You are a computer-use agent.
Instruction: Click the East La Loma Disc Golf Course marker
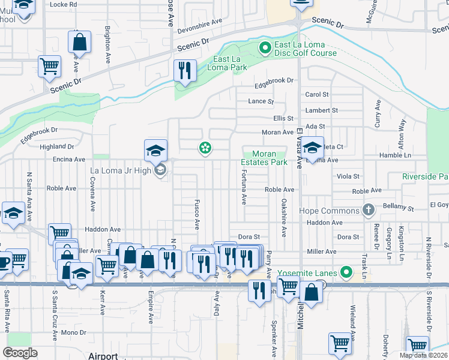[263, 46]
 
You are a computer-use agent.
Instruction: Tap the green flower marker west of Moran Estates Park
[205, 148]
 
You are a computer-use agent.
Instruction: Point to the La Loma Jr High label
[122, 171]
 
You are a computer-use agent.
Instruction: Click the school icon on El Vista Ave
[312, 148]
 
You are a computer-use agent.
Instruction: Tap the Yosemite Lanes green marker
[346, 272]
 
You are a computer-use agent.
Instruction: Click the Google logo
[20, 353]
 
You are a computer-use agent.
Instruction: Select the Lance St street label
[261, 102]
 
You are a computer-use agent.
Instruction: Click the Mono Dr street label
[74, 332]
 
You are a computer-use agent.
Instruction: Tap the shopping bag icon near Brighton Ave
[79, 43]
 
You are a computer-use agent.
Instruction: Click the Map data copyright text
[424, 355]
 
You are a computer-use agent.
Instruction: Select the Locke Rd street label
[64, 4]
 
